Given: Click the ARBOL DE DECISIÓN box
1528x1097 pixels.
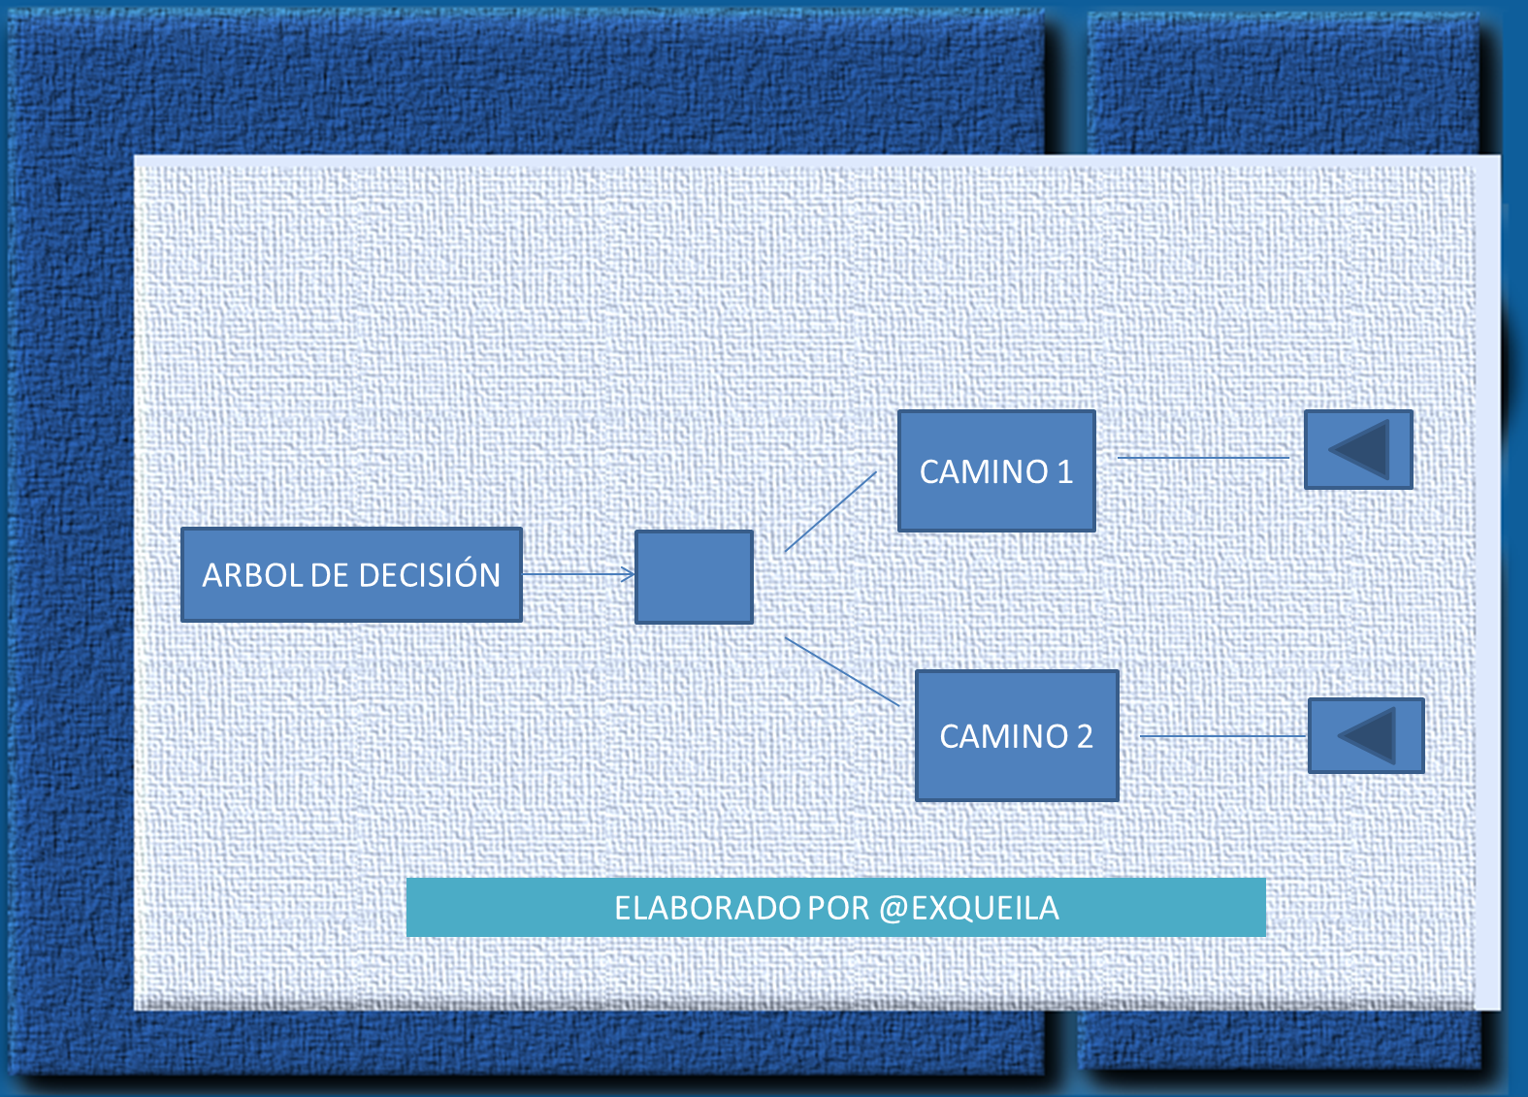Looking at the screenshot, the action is point(352,575).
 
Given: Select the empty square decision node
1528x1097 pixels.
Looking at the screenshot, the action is point(695,577).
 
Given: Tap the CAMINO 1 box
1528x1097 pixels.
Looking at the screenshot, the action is point(996,471).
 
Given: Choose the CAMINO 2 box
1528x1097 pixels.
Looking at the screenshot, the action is point(1017,735).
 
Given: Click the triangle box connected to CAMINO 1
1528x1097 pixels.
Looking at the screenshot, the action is point(1358,449).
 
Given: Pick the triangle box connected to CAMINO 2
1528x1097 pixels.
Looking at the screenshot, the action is point(1366,735).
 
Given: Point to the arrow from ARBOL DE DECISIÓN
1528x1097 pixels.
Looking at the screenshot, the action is point(579,575).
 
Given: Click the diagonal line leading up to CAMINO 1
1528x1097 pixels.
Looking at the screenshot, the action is point(830,511).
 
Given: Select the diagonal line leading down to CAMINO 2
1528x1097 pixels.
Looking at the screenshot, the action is point(842,671).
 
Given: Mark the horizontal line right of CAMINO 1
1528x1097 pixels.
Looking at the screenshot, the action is point(1203,458).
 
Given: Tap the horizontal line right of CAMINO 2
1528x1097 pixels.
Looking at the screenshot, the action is point(1223,736).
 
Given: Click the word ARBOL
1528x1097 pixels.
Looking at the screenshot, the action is point(252,575).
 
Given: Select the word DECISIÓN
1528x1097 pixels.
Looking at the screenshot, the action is point(429,573).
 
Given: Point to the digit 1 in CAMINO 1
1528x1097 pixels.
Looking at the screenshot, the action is point(1065,471).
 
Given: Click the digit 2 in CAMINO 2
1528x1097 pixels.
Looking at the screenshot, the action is point(1085,736).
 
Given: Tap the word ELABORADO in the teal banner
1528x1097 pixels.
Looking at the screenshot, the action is point(707,908).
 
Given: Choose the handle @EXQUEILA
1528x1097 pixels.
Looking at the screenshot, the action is point(968,909).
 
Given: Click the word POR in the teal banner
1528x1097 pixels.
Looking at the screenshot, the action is point(839,908).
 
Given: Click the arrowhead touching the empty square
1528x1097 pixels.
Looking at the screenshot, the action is point(628,575).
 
